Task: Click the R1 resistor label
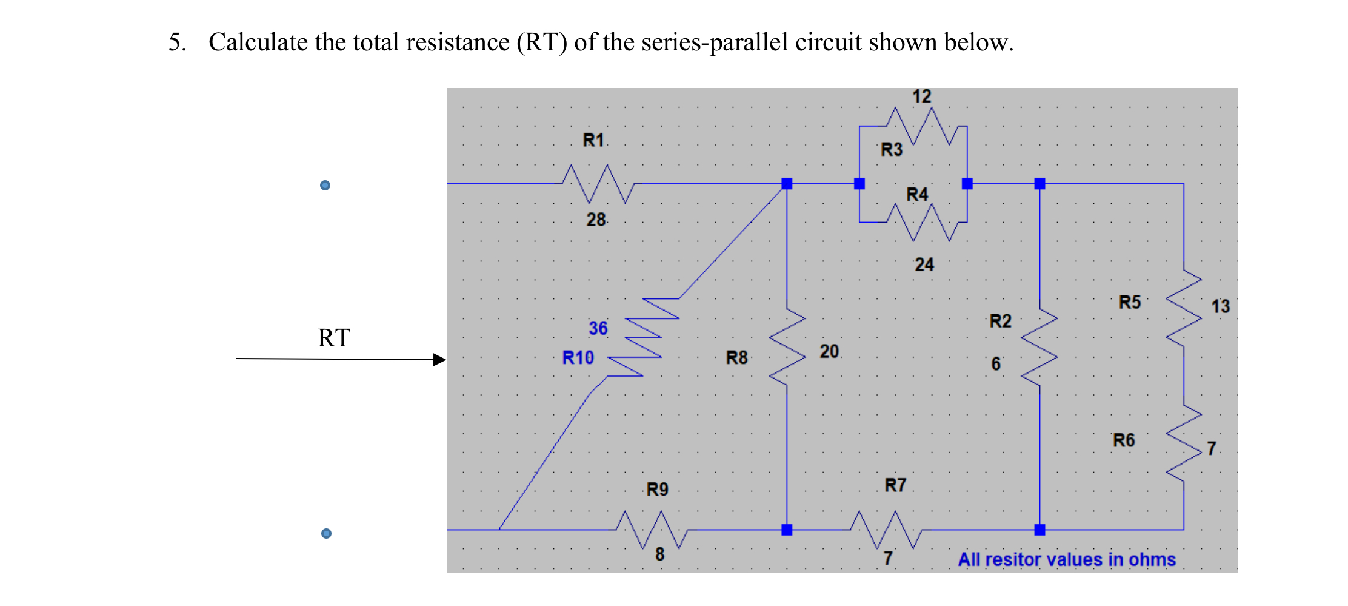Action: click(x=593, y=141)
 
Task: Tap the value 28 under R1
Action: click(x=596, y=220)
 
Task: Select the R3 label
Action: click(x=891, y=149)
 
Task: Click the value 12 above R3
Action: click(x=921, y=96)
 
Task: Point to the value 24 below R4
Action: click(x=924, y=264)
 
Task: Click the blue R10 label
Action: click(x=578, y=358)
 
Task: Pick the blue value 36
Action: click(x=598, y=328)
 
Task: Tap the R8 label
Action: click(x=736, y=358)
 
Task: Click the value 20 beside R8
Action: click(x=829, y=351)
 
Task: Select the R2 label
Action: click(x=1000, y=321)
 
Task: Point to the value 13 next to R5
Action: click(x=1220, y=306)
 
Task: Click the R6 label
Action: click(x=1123, y=440)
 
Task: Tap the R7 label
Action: click(x=895, y=485)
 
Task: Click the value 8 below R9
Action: click(x=659, y=554)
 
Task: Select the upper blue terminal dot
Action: click(x=325, y=185)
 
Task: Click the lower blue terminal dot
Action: click(x=326, y=533)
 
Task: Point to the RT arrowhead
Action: click(x=440, y=360)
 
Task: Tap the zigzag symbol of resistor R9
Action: click(x=652, y=530)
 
